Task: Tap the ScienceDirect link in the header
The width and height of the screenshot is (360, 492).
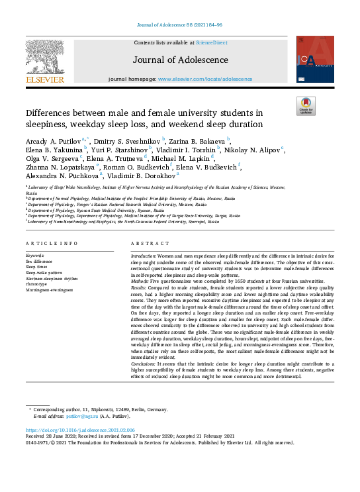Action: (212, 43)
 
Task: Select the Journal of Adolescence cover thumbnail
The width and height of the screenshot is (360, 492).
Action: (314, 60)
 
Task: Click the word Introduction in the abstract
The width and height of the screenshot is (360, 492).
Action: (142, 255)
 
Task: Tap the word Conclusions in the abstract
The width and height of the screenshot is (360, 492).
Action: (143, 364)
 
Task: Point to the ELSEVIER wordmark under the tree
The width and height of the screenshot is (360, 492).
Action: (44, 80)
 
